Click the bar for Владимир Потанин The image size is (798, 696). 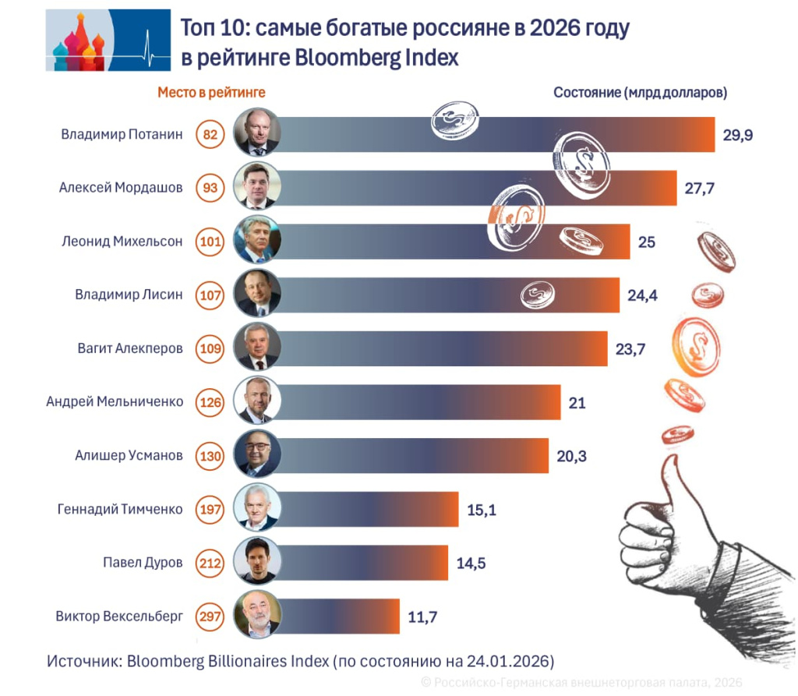pyautogui.click(x=499, y=134)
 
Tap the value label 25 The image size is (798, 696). pyautogui.click(x=647, y=242)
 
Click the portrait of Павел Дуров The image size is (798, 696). pyautogui.click(x=256, y=562)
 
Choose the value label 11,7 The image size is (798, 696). pyautogui.click(x=422, y=617)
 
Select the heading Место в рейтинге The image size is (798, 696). pyautogui.click(x=211, y=92)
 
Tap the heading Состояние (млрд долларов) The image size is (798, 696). pyautogui.click(x=640, y=92)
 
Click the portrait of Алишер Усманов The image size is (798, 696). pyautogui.click(x=256, y=455)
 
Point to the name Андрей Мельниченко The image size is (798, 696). pyautogui.click(x=115, y=402)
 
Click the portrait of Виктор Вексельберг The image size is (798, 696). pyautogui.click(x=256, y=616)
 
